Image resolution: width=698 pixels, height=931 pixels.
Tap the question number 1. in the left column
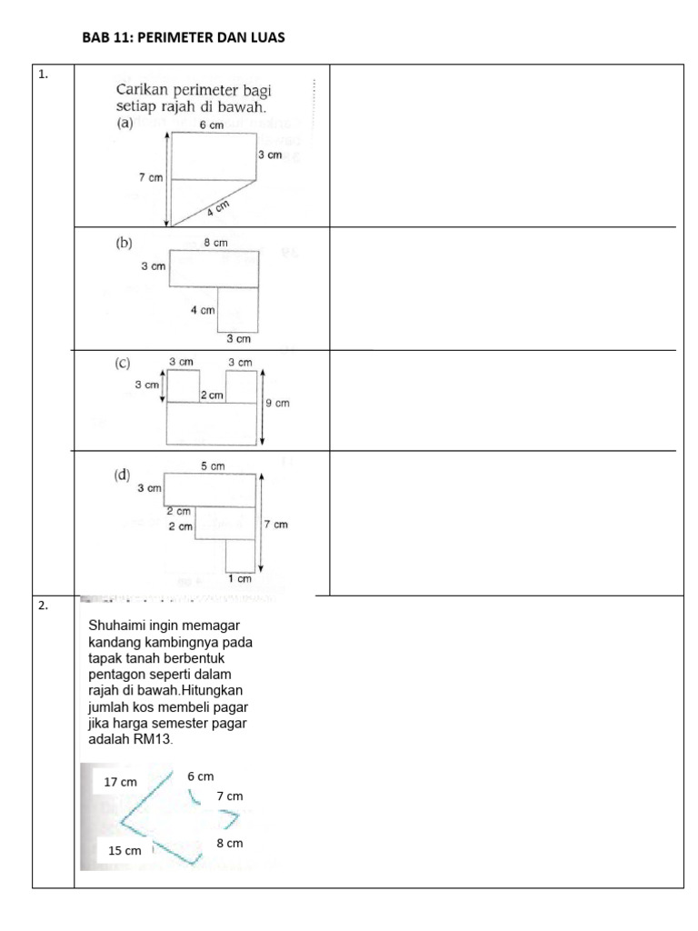[43, 75]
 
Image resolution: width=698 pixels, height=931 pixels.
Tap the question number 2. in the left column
[43, 606]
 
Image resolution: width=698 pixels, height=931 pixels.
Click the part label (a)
[125, 125]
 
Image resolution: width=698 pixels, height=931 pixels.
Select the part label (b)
[124, 243]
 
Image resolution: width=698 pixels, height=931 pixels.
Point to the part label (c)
[123, 364]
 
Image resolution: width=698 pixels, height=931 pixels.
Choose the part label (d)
[122, 475]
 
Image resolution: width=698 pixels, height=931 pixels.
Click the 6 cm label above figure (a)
[211, 125]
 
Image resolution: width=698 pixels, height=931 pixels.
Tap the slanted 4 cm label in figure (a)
[217, 208]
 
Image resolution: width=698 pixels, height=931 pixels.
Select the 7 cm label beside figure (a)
[151, 178]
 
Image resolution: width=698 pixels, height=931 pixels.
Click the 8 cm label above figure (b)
[215, 243]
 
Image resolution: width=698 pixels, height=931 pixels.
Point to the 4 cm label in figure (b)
[202, 310]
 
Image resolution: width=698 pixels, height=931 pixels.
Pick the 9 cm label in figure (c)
[277, 403]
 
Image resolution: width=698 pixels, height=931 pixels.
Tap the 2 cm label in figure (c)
[212, 395]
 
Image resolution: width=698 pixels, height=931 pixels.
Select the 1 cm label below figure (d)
[239, 578]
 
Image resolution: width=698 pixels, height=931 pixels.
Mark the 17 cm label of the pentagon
[121, 782]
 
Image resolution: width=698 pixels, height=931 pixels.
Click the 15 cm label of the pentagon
[125, 851]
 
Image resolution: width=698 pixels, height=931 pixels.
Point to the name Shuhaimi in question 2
[119, 626]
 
